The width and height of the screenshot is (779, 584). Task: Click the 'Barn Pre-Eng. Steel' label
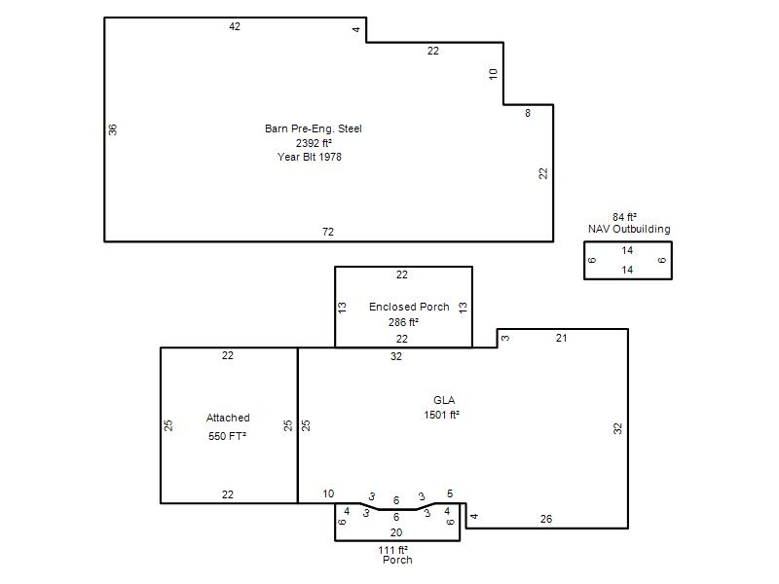[313, 128]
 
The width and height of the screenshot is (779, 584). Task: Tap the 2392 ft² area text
[314, 143]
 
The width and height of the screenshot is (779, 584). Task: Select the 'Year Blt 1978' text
[310, 157]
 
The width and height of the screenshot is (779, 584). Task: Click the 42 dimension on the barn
[235, 27]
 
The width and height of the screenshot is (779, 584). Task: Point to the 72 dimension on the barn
[328, 232]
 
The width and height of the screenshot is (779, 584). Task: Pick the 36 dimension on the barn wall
[113, 129]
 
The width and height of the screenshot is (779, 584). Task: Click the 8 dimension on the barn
[528, 113]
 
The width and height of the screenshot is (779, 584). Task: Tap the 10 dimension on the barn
[493, 74]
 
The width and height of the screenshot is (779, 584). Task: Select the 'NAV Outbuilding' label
[629, 229]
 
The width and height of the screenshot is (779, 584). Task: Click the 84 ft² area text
[624, 217]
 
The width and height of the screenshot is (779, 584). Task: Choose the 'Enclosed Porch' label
[409, 307]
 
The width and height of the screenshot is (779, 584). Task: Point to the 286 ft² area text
[403, 322]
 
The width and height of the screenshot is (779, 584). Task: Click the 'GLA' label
[444, 400]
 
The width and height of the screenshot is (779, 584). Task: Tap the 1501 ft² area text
[441, 415]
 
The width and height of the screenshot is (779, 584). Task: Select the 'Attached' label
[228, 418]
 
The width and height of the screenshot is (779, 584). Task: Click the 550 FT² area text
[228, 436]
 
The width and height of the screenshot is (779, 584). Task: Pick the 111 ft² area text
[393, 550]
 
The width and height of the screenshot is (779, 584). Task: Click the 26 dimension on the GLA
[546, 519]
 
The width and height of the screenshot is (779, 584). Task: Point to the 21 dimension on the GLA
[562, 338]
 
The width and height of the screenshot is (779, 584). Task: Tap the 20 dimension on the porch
[396, 532]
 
